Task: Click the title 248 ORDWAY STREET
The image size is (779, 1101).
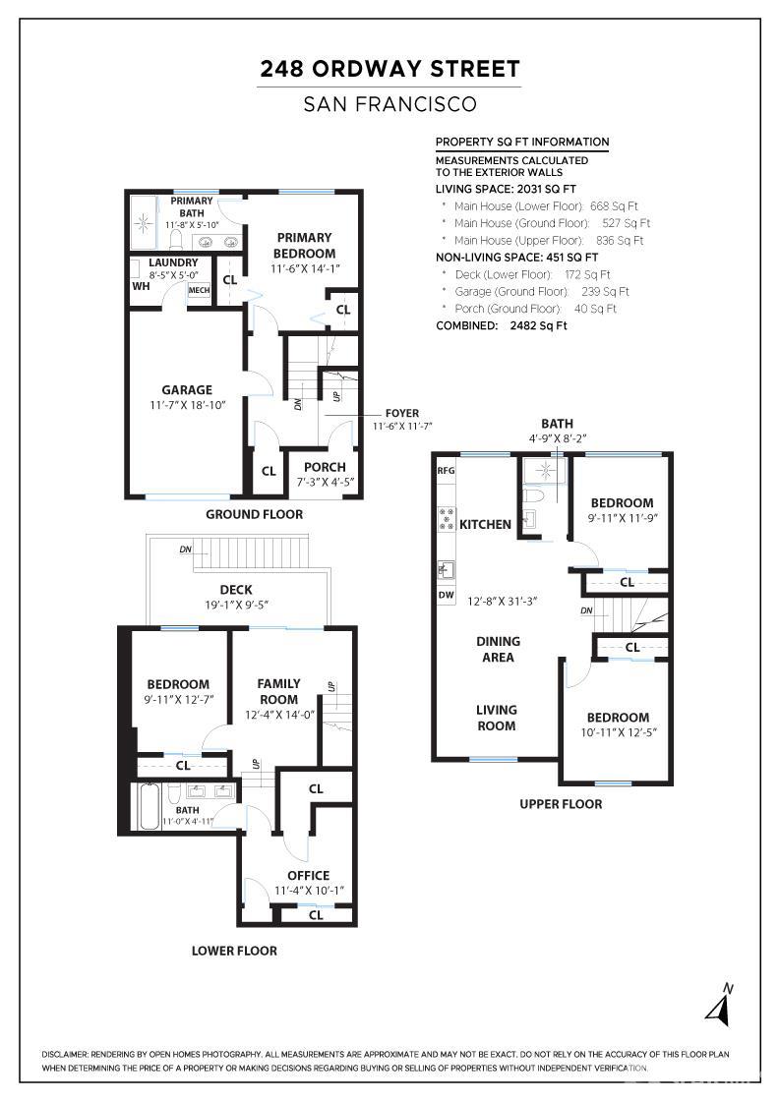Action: pos(389,69)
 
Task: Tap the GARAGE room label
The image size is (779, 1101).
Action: pos(187,389)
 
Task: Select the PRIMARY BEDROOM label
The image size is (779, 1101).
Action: pos(304,245)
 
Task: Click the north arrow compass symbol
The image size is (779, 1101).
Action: pos(720,1005)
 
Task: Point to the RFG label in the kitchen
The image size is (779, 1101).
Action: pos(446,471)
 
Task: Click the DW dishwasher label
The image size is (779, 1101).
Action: pos(446,595)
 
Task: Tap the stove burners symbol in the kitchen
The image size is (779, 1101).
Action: pos(446,519)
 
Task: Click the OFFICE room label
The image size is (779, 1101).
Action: pos(309,875)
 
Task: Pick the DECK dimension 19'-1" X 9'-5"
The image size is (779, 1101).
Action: pos(237,605)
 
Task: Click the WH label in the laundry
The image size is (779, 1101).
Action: pos(142,286)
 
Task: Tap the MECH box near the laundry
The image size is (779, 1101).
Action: pos(199,290)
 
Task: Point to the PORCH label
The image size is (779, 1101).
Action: pos(325,467)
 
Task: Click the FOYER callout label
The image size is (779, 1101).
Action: pos(401,413)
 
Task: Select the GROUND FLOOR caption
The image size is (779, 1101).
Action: pos(255,514)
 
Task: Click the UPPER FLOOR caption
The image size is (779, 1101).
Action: pos(561,804)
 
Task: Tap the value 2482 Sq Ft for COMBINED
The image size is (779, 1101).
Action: pos(539,325)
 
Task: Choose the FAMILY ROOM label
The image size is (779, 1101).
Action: pos(279,691)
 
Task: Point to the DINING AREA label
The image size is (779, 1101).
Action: pos(498,649)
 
